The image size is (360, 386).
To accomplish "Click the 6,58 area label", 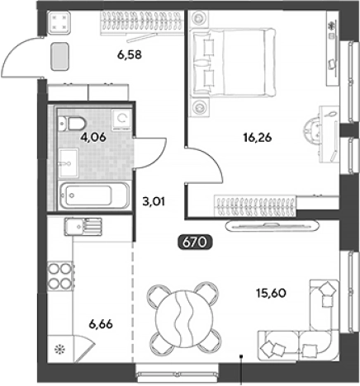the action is pos(130,54).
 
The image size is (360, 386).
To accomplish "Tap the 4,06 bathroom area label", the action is pos(93,137).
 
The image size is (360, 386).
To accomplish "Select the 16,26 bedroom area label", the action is pos(258,137).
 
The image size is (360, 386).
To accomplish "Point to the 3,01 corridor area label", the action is pos(154,201).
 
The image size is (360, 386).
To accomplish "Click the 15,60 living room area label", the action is pos(271,293).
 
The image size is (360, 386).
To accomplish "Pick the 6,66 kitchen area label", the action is pos(101,324).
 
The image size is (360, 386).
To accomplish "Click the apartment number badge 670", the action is pos(195,242).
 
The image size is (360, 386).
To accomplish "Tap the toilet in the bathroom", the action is pos(71,124).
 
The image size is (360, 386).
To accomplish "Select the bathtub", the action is pos(94,195).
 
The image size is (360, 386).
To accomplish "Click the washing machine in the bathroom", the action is pos(121,119).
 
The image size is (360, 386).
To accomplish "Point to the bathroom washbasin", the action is pos(69,163).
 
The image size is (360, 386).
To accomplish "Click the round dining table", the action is pos(184,318).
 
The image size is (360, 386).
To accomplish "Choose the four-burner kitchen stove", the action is pos(60,275).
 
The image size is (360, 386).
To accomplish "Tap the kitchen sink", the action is pos(83,227).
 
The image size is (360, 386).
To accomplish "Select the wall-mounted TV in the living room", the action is pos(272,226).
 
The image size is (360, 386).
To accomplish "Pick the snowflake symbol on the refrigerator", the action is pos(59,350).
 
